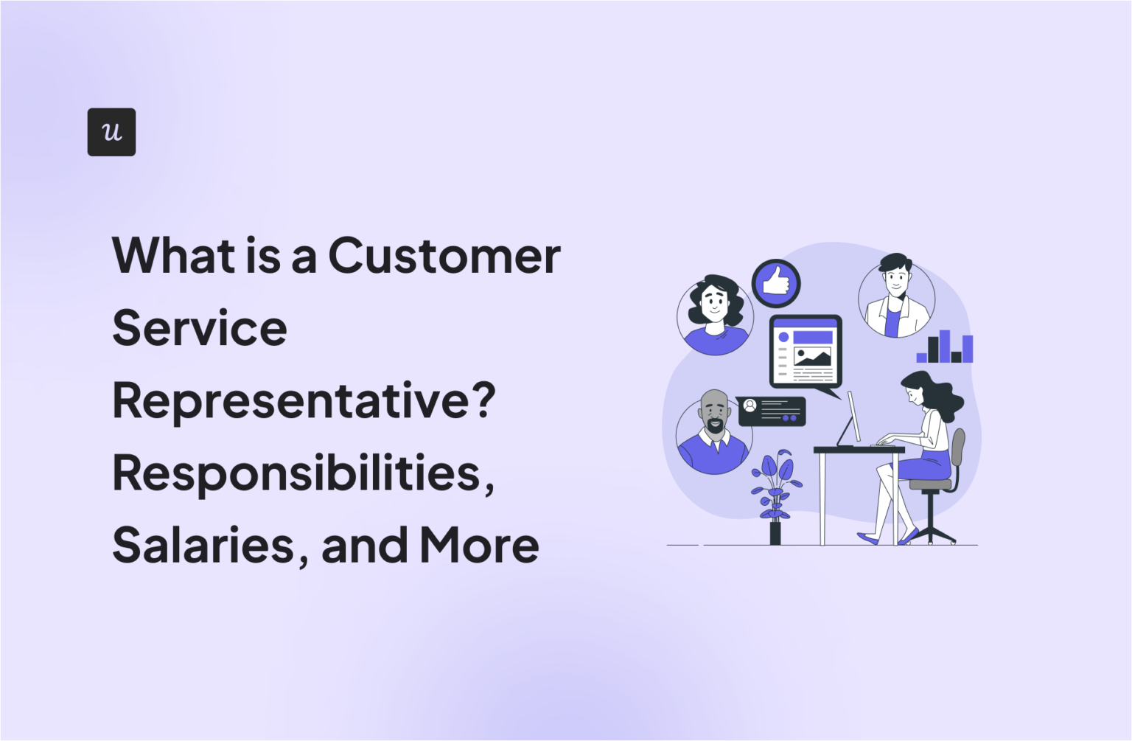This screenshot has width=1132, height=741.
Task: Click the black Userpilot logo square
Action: coord(111,132)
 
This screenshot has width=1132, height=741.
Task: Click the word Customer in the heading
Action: coord(444,256)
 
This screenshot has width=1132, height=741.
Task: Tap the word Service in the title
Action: coord(200,328)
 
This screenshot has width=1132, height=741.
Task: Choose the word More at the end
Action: coord(479,546)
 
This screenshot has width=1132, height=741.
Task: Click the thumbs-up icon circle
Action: coord(776,282)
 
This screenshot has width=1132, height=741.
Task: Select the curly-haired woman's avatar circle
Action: coord(715,315)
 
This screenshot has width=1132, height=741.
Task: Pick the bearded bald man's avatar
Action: coord(714,434)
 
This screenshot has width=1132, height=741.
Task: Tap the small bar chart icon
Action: coord(944,347)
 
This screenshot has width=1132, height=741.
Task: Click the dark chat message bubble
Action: coord(772,411)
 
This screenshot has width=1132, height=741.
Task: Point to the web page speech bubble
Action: coord(806,352)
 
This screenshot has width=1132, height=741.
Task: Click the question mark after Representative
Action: coord(483,402)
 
